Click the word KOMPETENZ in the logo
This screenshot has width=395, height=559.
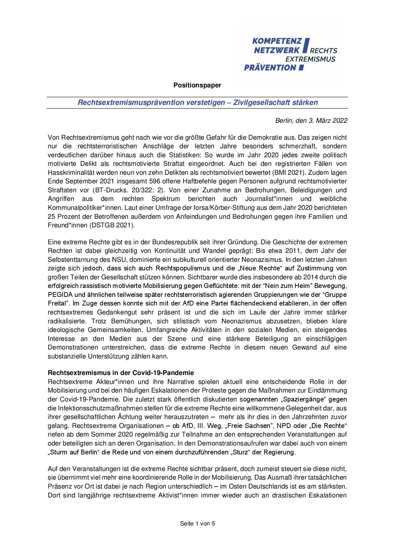tap(277, 41)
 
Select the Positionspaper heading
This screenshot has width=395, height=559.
tap(197, 85)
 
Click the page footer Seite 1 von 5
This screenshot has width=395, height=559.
tap(197, 523)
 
